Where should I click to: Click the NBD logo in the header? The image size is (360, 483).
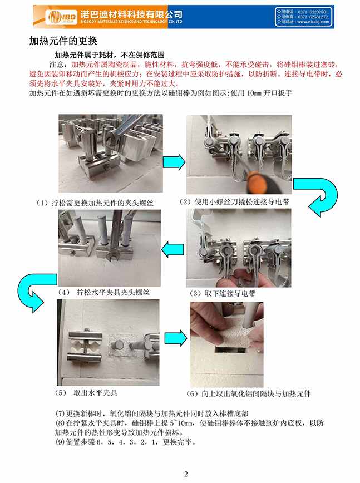coord(61,17)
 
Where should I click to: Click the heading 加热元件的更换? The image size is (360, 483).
coord(63,41)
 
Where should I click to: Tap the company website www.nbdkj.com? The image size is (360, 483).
coord(313,22)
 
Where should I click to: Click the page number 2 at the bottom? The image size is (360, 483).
coord(186,474)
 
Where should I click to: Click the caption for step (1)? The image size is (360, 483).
coord(95,203)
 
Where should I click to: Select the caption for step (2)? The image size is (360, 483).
coord(234,202)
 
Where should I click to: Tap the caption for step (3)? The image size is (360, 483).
coord(223,293)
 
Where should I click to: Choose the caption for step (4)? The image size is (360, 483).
coord(104,292)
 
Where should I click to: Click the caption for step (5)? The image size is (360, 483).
coord(86,393)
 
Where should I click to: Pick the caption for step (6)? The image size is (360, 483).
coord(249,393)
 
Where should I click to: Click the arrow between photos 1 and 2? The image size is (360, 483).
coord(174,162)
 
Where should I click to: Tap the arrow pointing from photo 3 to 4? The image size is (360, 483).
coord(172,249)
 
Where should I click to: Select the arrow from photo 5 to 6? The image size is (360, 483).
coord(176,338)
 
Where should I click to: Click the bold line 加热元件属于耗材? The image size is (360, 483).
coord(109,55)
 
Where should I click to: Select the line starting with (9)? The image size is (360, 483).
coord(125,442)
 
